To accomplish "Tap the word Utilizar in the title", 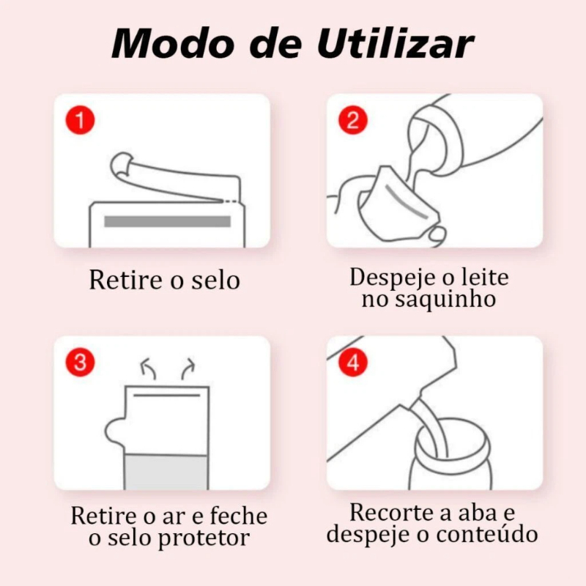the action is coord(396,43).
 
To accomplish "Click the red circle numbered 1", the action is coord(80,120).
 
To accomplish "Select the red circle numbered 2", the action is coord(353,120).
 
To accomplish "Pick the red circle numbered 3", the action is coord(80,362).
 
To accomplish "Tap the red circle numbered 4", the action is coord(353,362).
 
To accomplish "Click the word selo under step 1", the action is coord(215,280).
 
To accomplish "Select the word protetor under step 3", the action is coord(204,539).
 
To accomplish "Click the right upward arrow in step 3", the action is coord(188,369).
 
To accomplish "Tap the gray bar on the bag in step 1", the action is coord(167,221).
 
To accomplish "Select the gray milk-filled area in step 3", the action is coord(166,472).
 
